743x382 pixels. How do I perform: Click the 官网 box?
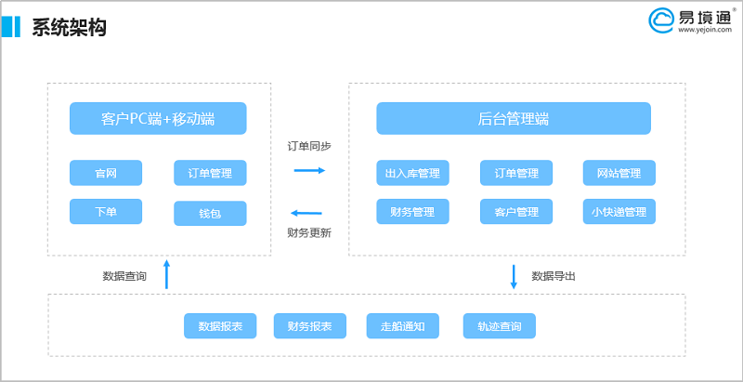click(106, 173)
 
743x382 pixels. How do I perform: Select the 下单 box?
click(106, 211)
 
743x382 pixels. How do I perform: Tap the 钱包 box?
click(210, 214)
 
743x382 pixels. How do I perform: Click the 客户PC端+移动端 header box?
click(158, 119)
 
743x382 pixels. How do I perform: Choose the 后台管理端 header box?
click(513, 119)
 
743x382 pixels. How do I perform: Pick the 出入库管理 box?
click(412, 173)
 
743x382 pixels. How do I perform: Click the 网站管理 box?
click(619, 173)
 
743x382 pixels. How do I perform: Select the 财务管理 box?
click(412, 212)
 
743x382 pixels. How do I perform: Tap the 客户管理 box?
click(515, 212)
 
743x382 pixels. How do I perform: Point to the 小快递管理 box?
click(619, 212)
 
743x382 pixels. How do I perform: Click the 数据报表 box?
click(220, 326)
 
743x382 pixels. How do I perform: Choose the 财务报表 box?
click(309, 326)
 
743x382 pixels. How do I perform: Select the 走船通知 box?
click(402, 326)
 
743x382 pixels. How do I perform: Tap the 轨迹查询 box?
click(499, 326)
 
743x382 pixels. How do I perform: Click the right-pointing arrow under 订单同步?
click(309, 170)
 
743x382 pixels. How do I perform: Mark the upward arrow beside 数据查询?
click(167, 274)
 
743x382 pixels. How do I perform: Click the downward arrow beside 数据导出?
click(514, 276)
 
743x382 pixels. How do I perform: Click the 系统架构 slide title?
click(69, 28)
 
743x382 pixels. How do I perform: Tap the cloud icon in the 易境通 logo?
click(661, 20)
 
